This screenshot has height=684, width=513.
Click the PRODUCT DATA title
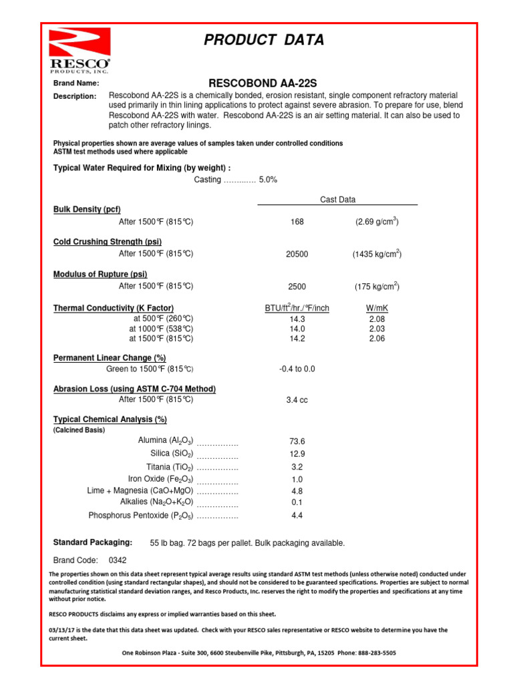pos(264,40)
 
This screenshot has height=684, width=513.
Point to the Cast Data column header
pos(338,200)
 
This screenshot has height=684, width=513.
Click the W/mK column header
pos(377,309)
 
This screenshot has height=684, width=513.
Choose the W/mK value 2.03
pos(377,329)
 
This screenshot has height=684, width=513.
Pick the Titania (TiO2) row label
pos(170,467)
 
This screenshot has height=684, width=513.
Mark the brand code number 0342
pos(118,560)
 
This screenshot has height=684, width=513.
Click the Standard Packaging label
pos(92,542)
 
